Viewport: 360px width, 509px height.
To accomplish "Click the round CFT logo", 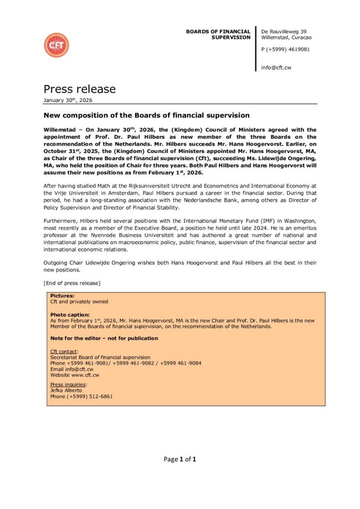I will coord(56,45).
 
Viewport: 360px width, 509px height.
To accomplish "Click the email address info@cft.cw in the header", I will coord(276,68).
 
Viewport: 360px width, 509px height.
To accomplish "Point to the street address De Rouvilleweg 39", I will coord(283,32).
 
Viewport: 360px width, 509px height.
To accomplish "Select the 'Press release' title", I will coord(80,89).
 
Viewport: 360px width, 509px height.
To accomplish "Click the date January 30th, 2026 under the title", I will coord(68,100).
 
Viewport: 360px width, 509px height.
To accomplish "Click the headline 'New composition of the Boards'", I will coord(146,115).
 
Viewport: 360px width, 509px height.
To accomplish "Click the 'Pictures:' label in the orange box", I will coord(62,296).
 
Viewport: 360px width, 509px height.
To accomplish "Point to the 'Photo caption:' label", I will coord(70,315).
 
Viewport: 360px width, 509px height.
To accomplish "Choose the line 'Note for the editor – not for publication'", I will coord(104,339).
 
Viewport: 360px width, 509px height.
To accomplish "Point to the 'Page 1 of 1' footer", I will coord(180,459).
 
